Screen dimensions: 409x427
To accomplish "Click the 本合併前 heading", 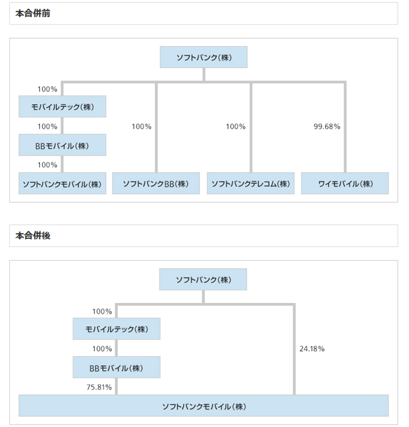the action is point(33,13).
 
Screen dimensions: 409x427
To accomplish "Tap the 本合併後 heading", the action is point(33,236).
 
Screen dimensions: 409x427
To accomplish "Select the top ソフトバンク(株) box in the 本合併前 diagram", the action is point(204,57).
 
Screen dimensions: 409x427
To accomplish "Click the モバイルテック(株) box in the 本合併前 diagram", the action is point(62,107).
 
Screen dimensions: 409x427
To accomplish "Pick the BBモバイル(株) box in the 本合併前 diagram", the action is point(62,145).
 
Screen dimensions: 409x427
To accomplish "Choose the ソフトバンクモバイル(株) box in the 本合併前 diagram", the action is point(62,183).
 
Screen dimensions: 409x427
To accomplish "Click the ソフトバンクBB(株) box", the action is point(156,183).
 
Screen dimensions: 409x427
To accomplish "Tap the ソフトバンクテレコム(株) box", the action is point(250,183).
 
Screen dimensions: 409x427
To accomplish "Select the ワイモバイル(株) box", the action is point(345,183).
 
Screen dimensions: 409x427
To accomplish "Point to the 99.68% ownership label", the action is point(327,126).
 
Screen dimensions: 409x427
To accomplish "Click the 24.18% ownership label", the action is point(312,349).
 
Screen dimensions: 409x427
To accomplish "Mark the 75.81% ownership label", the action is point(99,387).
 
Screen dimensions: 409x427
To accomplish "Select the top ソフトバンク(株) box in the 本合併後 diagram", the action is point(203,280).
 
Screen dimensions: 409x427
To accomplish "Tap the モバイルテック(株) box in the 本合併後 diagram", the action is point(117,329).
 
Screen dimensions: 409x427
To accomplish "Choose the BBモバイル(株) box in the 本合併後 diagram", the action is point(117,368).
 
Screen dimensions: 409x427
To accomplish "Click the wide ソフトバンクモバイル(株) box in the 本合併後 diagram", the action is point(204,406).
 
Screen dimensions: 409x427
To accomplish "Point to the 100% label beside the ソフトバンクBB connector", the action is point(141,126).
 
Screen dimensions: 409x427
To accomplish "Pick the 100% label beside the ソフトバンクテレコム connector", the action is point(236,126).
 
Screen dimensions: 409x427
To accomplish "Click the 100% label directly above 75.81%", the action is point(102,348).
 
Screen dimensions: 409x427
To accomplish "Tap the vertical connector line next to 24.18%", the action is point(294,350).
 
